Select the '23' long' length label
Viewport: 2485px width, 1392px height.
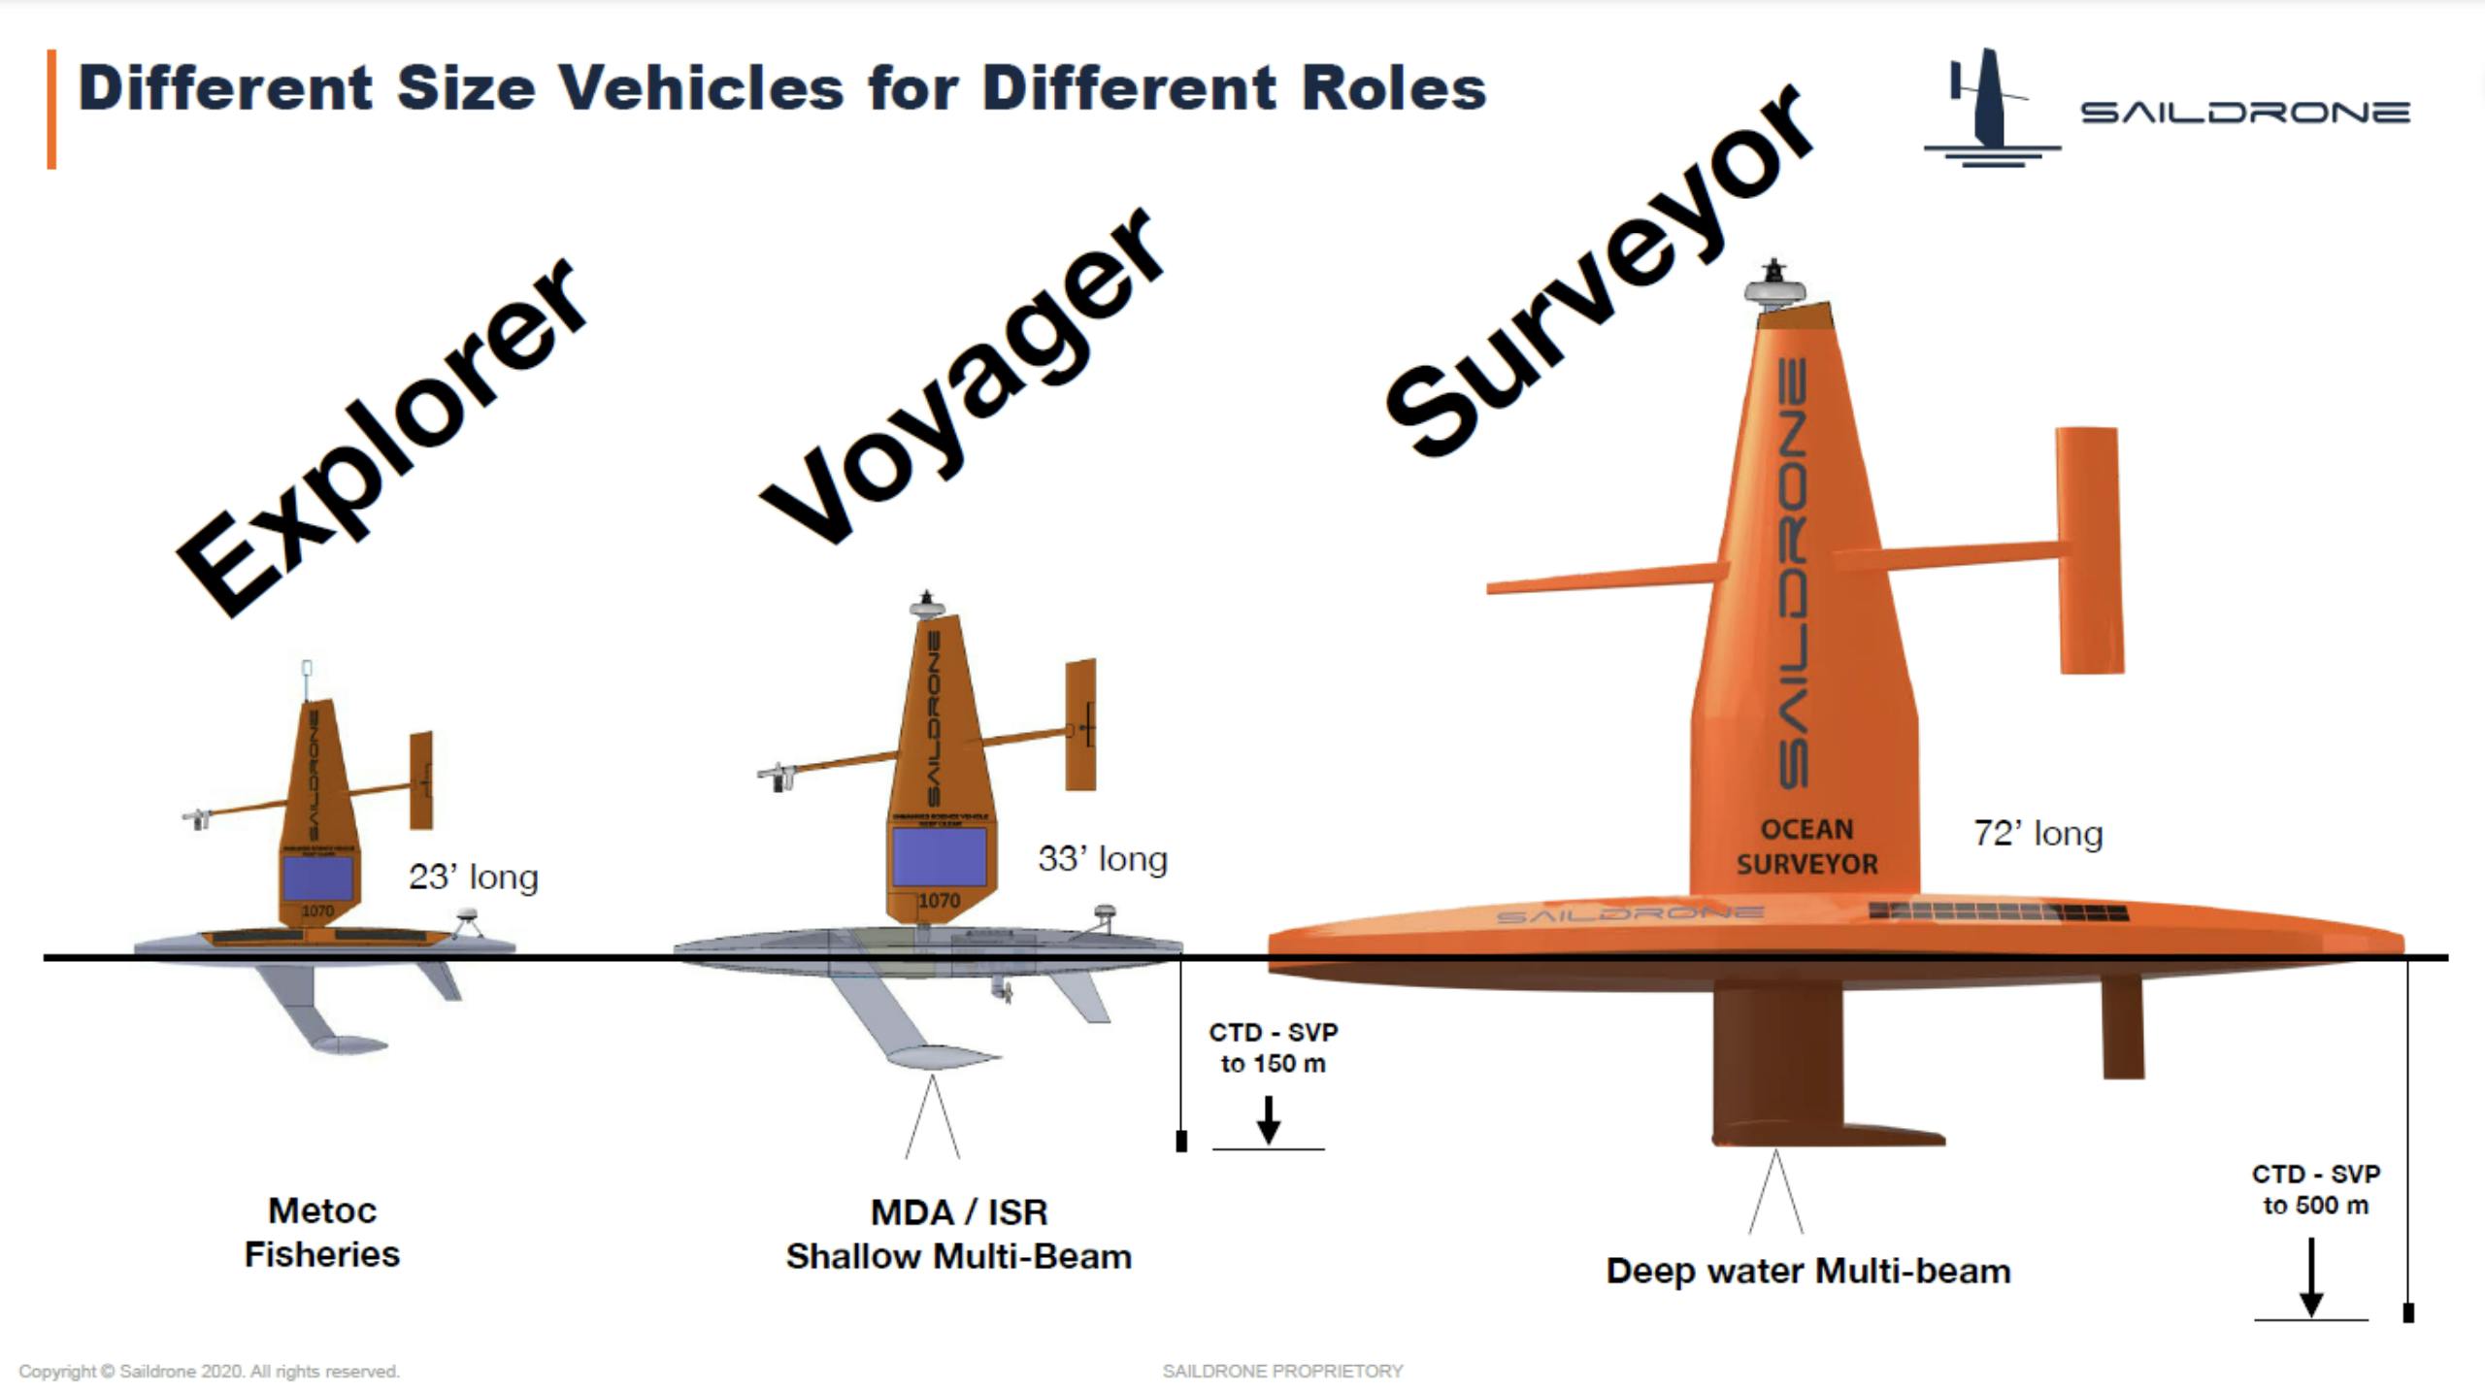[x=473, y=877]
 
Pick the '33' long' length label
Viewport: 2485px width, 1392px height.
[x=1103, y=859]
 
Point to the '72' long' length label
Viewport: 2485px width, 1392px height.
[x=2038, y=834]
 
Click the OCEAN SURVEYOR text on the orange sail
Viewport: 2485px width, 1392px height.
[x=1806, y=846]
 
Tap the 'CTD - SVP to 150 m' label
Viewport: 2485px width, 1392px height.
[x=1273, y=1047]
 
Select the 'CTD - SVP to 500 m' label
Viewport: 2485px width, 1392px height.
[x=2315, y=1189]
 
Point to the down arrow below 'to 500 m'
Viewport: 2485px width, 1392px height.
[x=2311, y=1277]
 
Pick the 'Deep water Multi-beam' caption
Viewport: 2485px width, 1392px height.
[x=1807, y=1271]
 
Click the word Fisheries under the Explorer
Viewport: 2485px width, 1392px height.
[x=321, y=1254]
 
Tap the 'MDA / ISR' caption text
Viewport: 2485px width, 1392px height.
[x=959, y=1212]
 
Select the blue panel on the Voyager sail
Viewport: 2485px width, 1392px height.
[x=939, y=856]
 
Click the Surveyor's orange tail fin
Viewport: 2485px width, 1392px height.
[x=2089, y=549]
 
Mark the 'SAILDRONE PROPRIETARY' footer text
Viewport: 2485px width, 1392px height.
[x=1282, y=1371]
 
